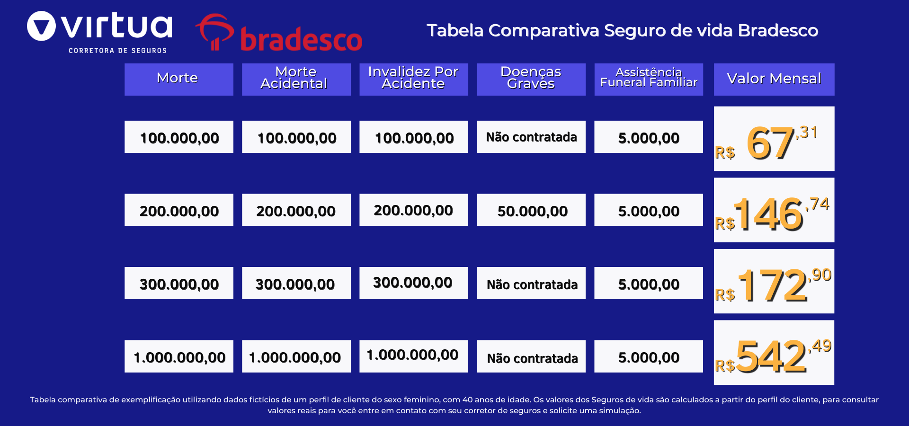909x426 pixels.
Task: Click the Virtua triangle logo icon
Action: [42, 26]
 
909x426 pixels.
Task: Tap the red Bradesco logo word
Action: [301, 39]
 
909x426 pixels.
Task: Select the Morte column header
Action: [178, 79]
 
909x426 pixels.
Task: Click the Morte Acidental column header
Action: [296, 79]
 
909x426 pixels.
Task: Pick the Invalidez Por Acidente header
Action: [413, 79]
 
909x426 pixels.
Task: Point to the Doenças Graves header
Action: [531, 79]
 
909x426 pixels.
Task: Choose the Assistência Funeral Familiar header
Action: [648, 79]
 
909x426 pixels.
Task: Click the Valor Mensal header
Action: [774, 79]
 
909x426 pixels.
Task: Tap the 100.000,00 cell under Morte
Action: [178, 137]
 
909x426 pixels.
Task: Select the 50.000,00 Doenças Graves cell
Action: [531, 210]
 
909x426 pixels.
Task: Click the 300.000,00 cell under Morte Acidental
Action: [296, 284]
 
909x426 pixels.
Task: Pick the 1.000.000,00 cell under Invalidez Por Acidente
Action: [413, 356]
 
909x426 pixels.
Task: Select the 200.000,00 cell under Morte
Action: [178, 210]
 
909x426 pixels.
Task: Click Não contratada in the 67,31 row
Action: [531, 137]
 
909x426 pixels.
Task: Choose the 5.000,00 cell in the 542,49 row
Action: [648, 356]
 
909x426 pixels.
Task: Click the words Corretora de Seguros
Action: [117, 51]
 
